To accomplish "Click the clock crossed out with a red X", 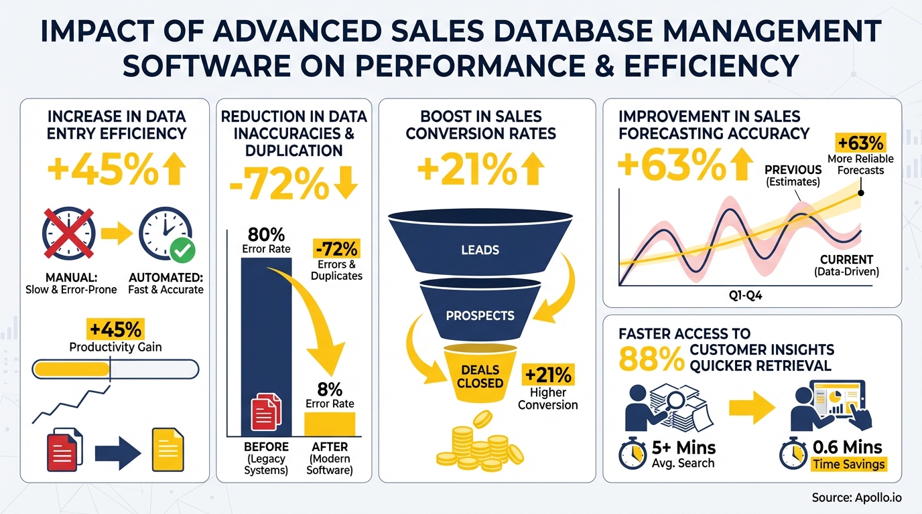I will coord(68,234).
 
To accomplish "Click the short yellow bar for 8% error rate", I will coord(329,424).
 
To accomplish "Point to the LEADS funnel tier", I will coord(480,249).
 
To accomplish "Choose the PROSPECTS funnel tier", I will coord(480,315).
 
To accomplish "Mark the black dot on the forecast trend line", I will coord(861,193).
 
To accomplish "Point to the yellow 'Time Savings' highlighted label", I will coord(848,464).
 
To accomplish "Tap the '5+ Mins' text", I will coord(683,447).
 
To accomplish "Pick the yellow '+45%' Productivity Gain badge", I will coord(115,329).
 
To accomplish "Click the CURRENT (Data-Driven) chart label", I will coord(846,265).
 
